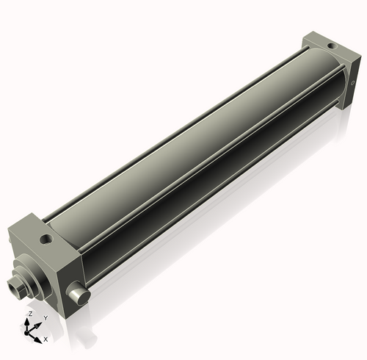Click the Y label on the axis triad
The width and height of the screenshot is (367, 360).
point(46,317)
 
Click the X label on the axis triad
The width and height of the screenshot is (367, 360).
point(46,339)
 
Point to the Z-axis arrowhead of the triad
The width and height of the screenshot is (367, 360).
point(30,320)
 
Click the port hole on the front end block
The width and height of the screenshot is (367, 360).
point(47,239)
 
